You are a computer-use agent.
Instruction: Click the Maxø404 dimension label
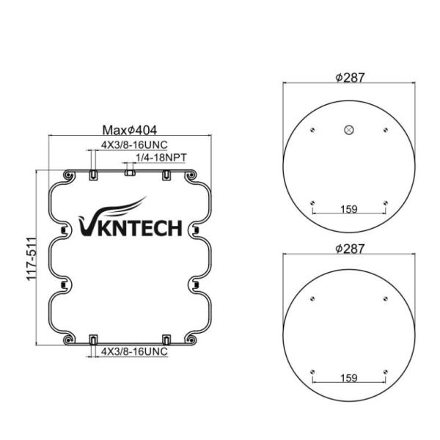point(129,129)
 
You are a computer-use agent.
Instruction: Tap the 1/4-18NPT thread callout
point(160,157)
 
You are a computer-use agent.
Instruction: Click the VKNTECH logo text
point(129,229)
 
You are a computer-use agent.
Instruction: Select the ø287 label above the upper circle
point(350,78)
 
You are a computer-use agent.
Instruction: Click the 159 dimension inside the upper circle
point(349,210)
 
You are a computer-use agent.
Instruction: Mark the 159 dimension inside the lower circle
point(349,378)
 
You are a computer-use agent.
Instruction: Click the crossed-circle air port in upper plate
point(348,131)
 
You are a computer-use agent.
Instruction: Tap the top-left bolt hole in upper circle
point(313,131)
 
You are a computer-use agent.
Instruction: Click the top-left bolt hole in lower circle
point(313,298)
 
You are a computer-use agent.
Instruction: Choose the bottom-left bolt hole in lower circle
point(313,370)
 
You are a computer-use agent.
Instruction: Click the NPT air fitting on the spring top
point(129,173)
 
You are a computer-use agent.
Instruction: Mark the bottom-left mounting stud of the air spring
point(93,339)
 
